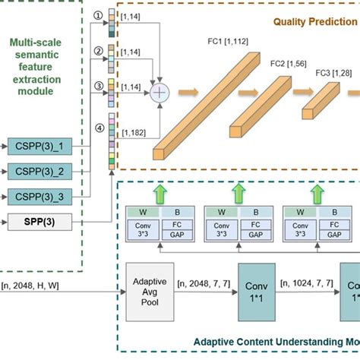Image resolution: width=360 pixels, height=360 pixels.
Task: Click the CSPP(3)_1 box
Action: coord(39,144)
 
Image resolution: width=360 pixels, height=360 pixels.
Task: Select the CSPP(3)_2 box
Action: coord(39,169)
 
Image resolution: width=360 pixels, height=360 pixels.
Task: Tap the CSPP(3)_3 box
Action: coord(39,195)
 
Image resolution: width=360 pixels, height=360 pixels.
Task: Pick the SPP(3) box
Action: coord(39,222)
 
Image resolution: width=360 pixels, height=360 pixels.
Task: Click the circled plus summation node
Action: coord(159,93)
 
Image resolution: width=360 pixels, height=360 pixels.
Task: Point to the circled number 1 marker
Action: coord(96,14)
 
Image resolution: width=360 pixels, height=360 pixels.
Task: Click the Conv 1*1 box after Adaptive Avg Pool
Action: coord(260,293)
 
